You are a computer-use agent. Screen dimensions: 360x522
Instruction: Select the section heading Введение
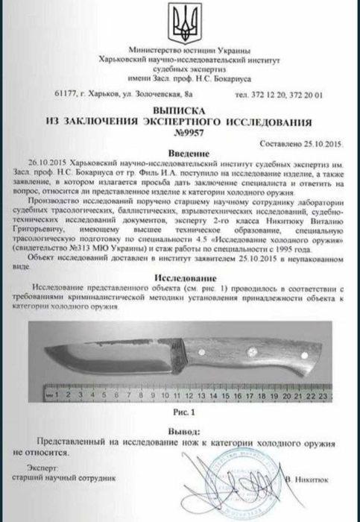pyautogui.click(x=180, y=151)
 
